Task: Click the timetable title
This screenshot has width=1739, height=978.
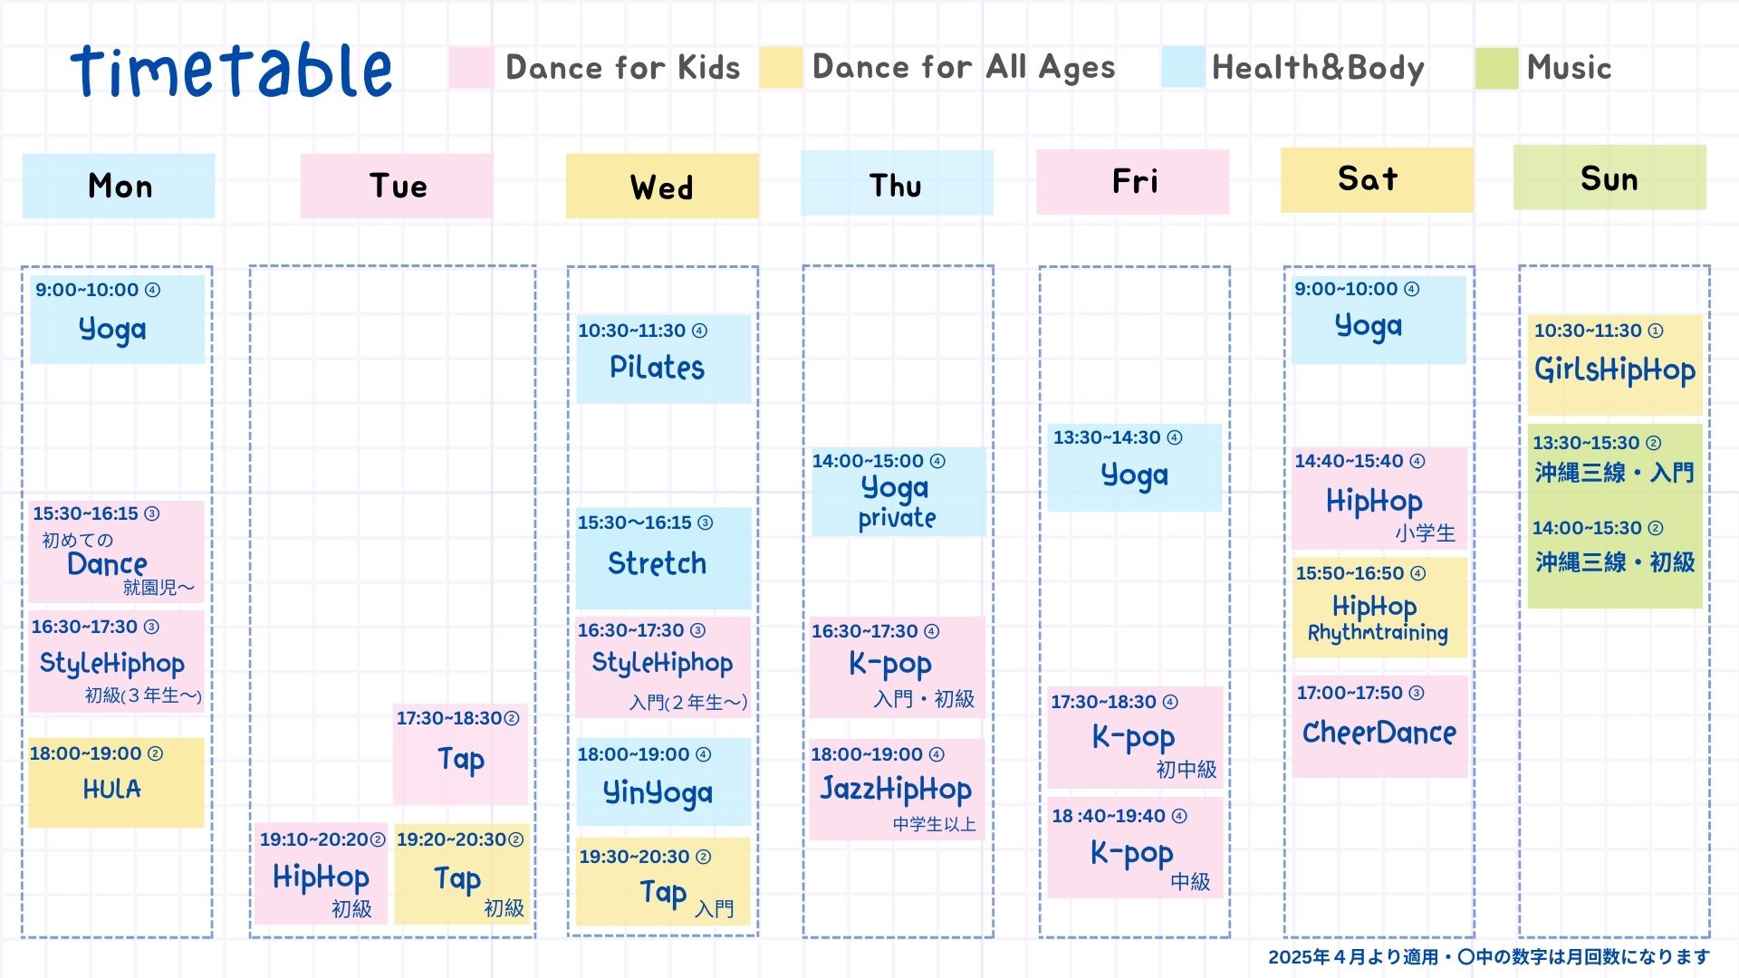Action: coord(231,70)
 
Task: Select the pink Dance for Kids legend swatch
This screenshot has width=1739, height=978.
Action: coord(471,68)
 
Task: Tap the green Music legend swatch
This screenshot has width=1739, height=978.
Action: coord(1496,68)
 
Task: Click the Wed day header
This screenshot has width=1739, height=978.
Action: coord(662,186)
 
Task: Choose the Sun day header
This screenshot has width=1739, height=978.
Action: coord(1609,177)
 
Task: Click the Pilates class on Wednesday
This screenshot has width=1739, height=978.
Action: coord(663,359)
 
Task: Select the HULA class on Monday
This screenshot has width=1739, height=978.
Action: coord(116,782)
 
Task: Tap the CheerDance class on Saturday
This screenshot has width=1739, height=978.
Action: coord(1379,726)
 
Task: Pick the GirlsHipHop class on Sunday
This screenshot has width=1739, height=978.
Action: coord(1615,365)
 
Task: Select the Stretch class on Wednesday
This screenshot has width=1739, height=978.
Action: coord(663,558)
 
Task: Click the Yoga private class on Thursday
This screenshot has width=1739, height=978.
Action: coord(898,492)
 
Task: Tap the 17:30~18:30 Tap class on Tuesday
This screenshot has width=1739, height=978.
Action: coord(460,753)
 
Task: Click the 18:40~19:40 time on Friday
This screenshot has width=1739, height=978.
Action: coord(1109,816)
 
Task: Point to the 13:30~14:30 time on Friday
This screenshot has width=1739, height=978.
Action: coord(1106,437)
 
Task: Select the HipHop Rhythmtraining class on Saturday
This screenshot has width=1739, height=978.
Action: coord(1379,608)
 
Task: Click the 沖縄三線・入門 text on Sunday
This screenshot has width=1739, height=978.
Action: coord(1614,473)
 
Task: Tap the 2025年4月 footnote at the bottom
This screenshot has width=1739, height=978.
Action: coord(1489,957)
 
